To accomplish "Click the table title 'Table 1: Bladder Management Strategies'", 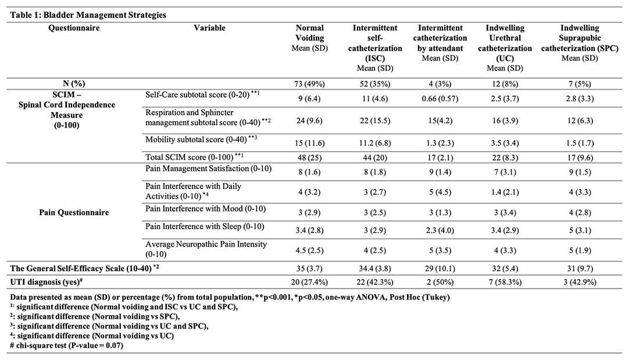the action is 88,15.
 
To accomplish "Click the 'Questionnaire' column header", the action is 74,28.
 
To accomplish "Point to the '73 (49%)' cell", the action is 309,84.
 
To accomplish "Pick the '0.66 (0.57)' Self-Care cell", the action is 440,98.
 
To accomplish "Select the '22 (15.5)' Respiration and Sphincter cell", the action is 375,120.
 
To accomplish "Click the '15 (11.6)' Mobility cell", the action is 309,143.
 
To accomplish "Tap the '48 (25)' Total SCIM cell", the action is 309,158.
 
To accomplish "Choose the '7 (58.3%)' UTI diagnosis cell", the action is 505,282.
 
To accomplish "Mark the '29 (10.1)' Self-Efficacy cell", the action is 440,268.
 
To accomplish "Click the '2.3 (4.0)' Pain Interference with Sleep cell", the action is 440,230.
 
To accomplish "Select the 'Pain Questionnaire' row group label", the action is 74,212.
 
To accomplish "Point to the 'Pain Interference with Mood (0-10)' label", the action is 205,209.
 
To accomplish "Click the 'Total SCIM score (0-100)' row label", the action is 190,157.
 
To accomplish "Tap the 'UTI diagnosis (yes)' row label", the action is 47,281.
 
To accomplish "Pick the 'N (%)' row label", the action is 74,84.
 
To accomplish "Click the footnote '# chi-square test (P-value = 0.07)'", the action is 66,345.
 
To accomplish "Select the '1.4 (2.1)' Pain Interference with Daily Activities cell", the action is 505,193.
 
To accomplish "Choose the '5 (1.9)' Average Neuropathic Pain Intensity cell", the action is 580,250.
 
